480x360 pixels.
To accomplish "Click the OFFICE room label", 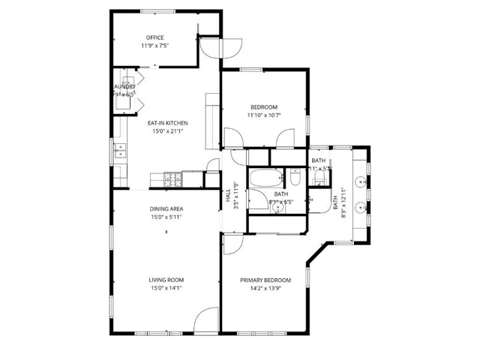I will coord(155,37).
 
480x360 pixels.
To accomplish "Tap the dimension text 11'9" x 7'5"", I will coord(155,46).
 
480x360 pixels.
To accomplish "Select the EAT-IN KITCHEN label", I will coord(167,123).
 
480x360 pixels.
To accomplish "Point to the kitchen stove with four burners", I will coord(172,178).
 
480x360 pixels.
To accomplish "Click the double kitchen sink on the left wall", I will coord(120,152).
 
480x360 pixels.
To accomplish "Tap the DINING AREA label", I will coord(166,209).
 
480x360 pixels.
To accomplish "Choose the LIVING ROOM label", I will coord(166,280).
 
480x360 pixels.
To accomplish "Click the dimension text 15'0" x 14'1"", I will coord(166,288).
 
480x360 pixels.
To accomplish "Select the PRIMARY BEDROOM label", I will coord(265,280).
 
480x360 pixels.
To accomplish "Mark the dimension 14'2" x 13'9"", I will coord(265,288).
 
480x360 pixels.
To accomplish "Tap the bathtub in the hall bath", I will coord(265,179).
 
